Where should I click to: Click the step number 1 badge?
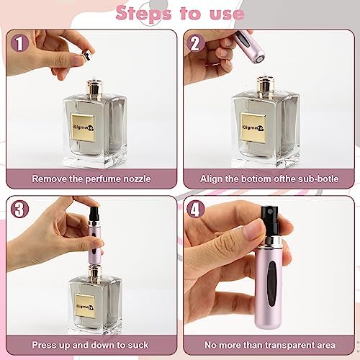pos(20,43)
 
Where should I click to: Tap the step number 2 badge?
pos(196,43)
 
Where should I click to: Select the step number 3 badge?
pos(20,209)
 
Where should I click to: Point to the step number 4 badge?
pos(196,209)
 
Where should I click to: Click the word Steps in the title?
pos(143,14)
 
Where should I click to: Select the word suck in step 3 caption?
pos(138,345)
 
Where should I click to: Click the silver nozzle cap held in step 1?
pos(87,55)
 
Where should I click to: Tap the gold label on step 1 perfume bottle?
pos(83,128)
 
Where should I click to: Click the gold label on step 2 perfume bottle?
pos(253,128)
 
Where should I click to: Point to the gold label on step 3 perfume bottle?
pos(85,306)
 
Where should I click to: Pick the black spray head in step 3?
pos(94,214)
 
